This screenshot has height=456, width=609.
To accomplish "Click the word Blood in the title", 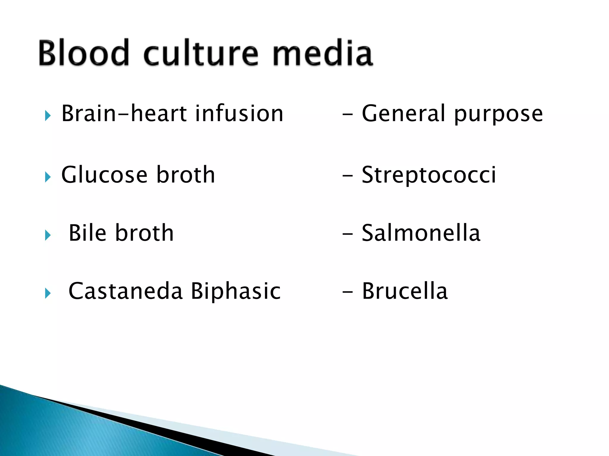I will coord(84,53).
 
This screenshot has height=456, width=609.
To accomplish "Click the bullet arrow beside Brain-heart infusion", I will coord(48,115).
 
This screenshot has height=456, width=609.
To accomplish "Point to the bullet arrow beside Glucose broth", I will coord(48,177).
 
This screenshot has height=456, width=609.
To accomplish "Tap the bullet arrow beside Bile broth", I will coord(48,235).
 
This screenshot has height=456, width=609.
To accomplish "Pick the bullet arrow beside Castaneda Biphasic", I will coord(48,293).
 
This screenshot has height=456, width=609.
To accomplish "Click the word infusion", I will coord(239,113).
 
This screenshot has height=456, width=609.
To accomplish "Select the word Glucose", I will coord(104,175).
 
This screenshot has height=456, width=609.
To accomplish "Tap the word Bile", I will coord(87,233).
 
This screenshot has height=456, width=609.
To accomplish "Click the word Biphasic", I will coord(236,291).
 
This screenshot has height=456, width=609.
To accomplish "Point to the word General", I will coord(404,113).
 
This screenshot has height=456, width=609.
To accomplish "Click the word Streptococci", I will coord(429,175).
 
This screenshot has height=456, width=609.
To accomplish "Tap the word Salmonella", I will coord(421,233).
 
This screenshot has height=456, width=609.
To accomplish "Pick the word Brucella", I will coord(405,291).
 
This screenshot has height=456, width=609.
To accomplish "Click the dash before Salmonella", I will coord(347,234).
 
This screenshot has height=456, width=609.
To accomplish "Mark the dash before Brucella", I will coord(347,292).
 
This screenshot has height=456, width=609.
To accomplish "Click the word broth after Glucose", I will coord(186,175).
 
